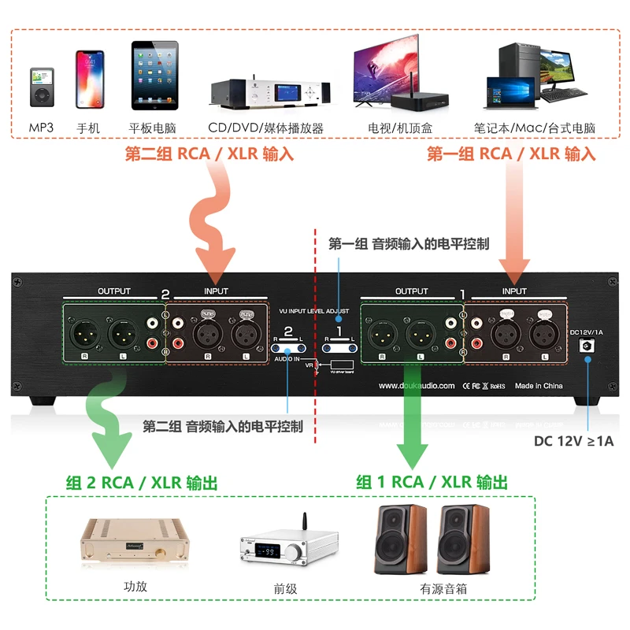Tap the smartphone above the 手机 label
click(x=89, y=79)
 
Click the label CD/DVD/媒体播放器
click(x=265, y=128)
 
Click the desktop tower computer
click(x=520, y=63)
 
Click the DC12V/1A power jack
click(x=585, y=346)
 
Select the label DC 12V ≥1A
click(x=573, y=441)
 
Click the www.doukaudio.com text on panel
click(x=416, y=386)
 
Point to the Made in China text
click(x=539, y=386)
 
